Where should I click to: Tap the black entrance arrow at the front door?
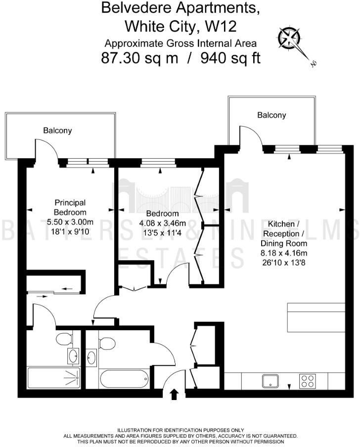tap(174, 394)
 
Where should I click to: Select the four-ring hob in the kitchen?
tap(308, 381)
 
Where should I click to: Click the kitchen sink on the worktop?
tap(271, 381)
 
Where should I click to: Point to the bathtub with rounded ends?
tap(123, 379)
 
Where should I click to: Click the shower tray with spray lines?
tap(53, 378)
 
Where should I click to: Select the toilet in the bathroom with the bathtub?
tap(106, 342)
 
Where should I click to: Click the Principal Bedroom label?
tap(70, 207)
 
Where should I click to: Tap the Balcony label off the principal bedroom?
tap(57, 131)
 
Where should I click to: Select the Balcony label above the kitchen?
tap(271, 115)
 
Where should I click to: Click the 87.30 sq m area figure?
tap(139, 58)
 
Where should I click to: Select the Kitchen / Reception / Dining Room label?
tap(284, 233)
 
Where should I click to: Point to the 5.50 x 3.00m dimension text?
tap(70, 222)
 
